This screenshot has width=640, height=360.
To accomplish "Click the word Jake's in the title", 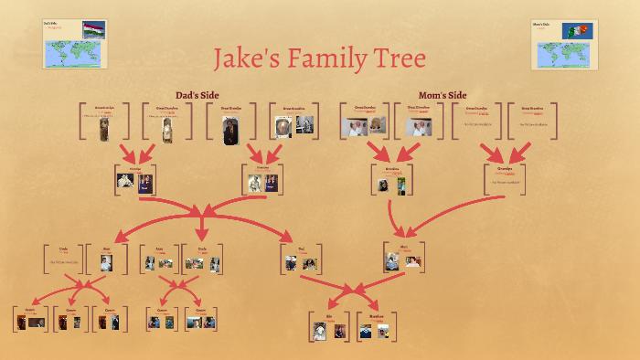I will [x=245, y=60].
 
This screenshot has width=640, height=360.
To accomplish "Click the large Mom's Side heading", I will [x=443, y=95].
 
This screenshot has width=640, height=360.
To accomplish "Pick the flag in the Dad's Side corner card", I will [x=93, y=28].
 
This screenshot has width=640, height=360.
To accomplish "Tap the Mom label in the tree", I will [x=403, y=247].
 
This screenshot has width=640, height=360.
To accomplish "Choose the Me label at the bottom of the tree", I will [x=329, y=316].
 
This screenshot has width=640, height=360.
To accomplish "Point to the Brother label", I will [x=376, y=316].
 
